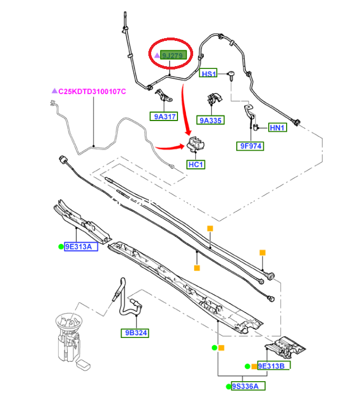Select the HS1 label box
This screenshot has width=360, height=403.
(209, 74)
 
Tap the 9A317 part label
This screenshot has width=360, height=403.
(163, 117)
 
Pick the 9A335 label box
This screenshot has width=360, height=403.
(211, 120)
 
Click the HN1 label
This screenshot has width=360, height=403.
(278, 128)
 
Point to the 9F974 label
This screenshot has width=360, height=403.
(250, 146)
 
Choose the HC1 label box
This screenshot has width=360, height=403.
(196, 165)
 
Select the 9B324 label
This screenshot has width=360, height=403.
(134, 333)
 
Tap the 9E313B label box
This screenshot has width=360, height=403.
(274, 366)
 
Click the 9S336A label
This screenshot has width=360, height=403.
(248, 386)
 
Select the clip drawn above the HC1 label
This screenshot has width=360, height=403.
(196, 145)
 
